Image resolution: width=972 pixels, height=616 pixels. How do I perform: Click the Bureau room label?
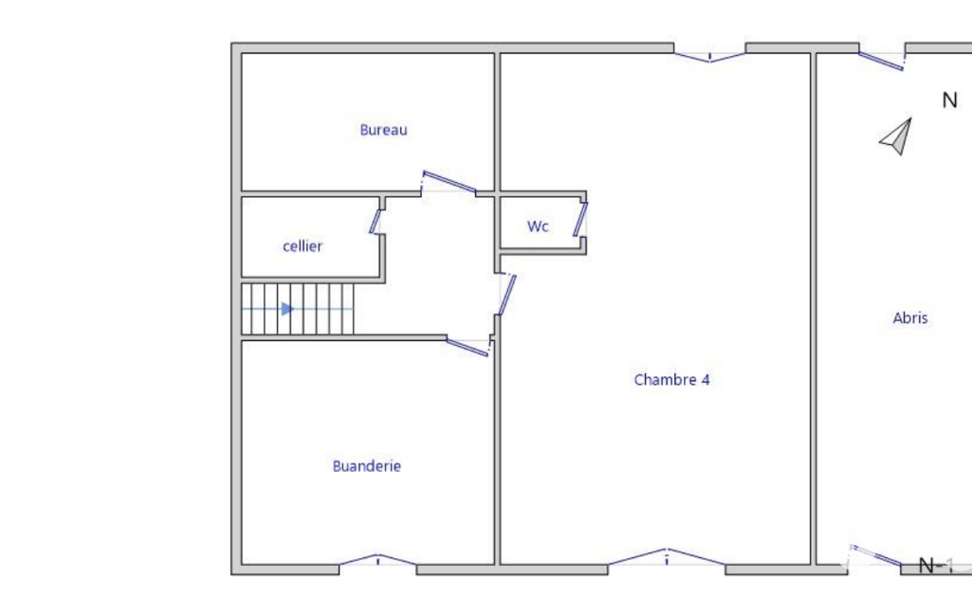383,130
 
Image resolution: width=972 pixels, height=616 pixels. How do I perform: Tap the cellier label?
303,246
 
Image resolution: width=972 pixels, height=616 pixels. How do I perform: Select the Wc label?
538,226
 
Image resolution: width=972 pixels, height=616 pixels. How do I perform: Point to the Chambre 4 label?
671,379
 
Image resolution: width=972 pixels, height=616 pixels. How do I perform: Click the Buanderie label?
366,466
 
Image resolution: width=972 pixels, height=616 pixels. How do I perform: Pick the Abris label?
910,317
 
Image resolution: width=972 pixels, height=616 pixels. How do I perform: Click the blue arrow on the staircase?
287,309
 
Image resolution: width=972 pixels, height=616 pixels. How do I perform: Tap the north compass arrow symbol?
896,137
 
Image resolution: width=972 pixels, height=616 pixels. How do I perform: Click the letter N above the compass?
949,100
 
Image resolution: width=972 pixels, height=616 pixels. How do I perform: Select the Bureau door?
449,182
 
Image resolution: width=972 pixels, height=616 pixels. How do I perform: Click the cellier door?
376,222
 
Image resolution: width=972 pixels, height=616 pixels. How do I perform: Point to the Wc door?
580,219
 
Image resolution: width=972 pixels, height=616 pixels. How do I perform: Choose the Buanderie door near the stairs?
468,347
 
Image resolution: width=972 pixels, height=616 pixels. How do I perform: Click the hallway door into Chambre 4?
506,295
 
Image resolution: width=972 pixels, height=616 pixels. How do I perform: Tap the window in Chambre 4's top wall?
709,57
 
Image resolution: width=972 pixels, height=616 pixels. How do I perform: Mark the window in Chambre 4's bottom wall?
667,556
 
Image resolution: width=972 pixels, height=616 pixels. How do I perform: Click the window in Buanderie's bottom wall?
377,559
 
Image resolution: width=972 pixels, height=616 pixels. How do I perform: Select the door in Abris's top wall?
882,61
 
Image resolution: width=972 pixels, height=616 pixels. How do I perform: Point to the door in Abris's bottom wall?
876,555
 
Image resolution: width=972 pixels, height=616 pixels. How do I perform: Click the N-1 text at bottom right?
935,565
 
